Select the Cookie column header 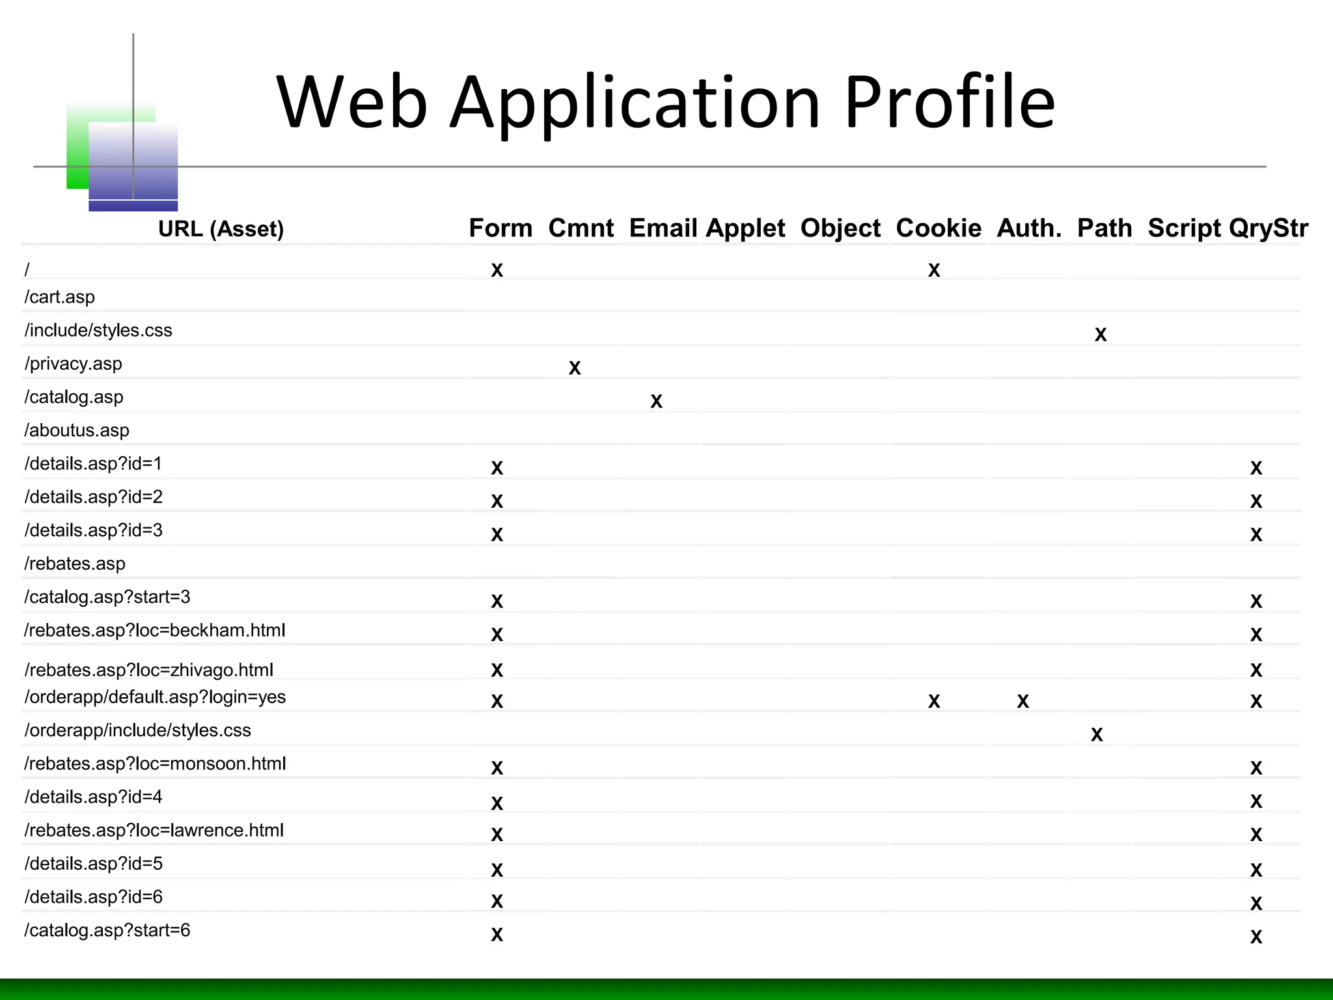(938, 228)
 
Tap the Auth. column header (1028, 228)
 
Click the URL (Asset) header (221, 229)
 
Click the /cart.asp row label (60, 297)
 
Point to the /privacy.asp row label (74, 363)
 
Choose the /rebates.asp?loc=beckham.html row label (155, 630)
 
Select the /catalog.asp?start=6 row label (107, 930)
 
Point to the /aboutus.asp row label (77, 430)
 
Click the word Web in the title (351, 103)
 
